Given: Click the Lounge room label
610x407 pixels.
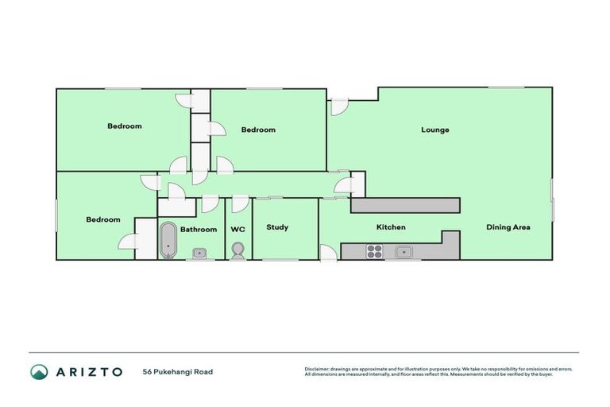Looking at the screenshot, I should pos(434,130).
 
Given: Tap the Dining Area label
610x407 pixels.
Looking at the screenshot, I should pos(508,227).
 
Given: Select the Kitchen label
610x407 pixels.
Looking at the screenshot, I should pos(391,227).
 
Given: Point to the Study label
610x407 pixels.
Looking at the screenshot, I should pos(277,227).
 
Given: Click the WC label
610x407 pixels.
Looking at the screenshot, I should pos(237,229).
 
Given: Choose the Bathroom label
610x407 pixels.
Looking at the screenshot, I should pos(199,230).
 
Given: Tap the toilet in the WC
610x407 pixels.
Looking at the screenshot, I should pos(237,250).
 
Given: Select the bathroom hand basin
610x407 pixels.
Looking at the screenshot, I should pos(199,254).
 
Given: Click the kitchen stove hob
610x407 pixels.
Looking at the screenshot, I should pos(374,252).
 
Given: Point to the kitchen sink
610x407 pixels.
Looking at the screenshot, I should pos(404,253).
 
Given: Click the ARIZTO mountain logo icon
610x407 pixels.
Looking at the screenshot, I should pos(39,372).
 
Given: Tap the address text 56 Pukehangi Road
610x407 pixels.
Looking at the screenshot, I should pos(178,372).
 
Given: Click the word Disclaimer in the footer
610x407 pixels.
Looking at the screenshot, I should pos(319,369).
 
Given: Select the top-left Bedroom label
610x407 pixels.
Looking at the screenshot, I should pos(125,126).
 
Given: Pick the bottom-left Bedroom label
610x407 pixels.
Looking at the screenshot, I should pos(103,219).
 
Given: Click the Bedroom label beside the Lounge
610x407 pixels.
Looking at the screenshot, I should pos(258,130).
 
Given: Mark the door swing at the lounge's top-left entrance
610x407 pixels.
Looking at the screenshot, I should pos(339,107).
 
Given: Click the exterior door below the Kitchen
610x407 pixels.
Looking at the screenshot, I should pos(327,253).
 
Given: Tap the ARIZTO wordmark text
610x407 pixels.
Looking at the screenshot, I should pos(89,372).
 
